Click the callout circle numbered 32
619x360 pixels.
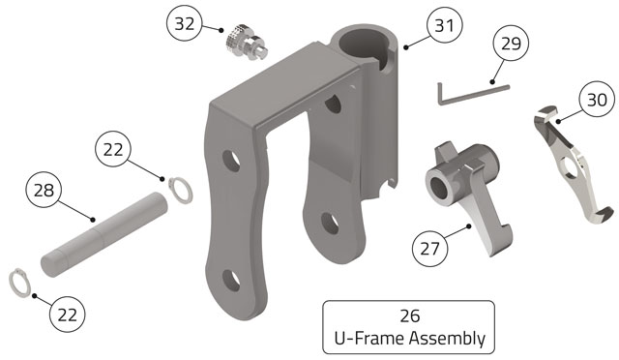(x=185, y=23)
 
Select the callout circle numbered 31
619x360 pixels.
(x=445, y=25)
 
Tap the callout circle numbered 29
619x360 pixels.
(x=512, y=43)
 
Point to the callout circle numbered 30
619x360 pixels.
(x=597, y=99)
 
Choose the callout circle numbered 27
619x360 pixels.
(x=429, y=249)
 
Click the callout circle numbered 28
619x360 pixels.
(x=44, y=190)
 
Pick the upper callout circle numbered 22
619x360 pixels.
(x=113, y=149)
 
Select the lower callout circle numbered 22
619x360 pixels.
(x=68, y=315)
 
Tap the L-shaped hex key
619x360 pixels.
(x=472, y=94)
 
